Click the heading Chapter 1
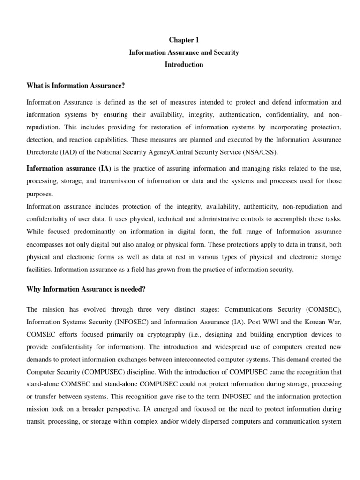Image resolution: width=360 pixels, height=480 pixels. click(184, 40)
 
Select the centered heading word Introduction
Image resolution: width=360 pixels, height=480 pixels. click(184, 65)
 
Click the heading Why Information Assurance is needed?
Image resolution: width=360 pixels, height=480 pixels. click(86, 289)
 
